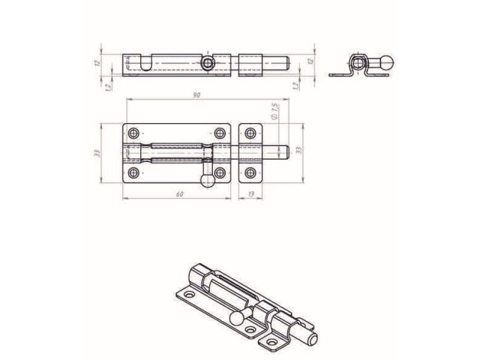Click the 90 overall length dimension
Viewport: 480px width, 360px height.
click(196, 95)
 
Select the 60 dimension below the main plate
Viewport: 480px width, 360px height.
click(180, 193)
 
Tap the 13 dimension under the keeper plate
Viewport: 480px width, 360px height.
click(250, 193)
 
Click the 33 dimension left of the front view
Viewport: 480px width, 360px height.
click(97, 153)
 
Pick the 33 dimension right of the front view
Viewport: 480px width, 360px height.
click(298, 150)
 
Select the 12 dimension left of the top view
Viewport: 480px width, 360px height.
click(97, 63)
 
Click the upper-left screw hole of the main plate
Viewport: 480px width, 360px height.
click(134, 133)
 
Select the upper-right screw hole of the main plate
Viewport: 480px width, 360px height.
click(220, 133)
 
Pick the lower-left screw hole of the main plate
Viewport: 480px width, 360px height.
click(134, 173)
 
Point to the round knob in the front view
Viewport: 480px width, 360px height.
click(208, 179)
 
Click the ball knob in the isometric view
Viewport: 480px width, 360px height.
click(237, 318)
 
